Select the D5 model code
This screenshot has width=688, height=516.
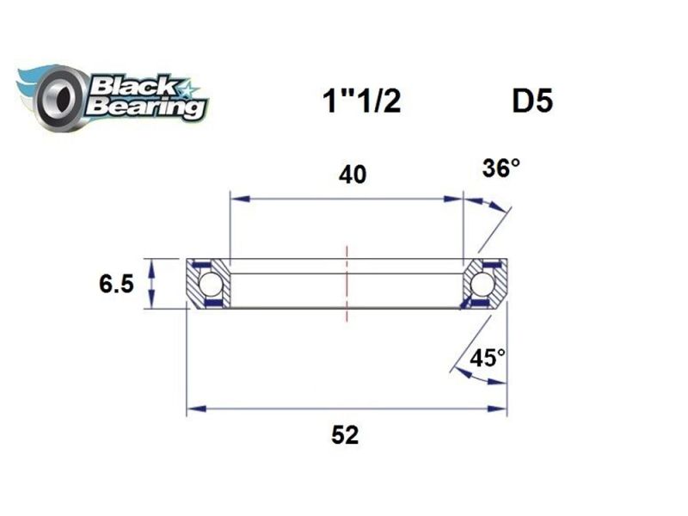click(532, 101)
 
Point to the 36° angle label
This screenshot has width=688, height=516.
click(501, 169)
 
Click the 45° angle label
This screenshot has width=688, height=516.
click(488, 358)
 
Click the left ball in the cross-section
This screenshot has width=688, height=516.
click(210, 283)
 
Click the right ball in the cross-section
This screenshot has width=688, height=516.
click(482, 283)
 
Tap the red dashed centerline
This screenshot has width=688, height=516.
click(347, 284)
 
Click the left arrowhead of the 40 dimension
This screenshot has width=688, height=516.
click(237, 200)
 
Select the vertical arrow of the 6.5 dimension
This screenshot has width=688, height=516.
click(153, 283)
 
